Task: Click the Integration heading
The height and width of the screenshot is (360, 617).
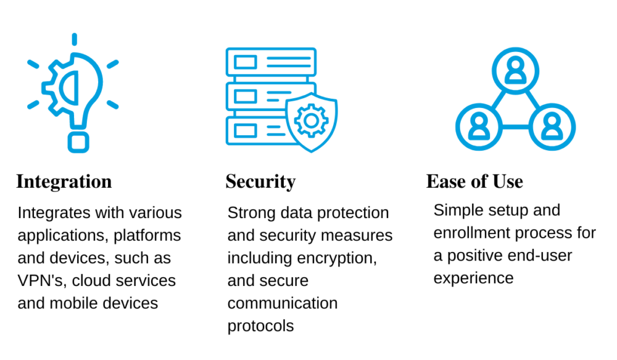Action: (64, 182)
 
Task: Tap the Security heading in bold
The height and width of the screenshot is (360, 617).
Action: (260, 182)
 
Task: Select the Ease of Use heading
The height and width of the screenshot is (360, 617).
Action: (474, 182)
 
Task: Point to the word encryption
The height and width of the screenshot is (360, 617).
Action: (337, 258)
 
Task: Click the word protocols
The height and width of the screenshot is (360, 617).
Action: (260, 327)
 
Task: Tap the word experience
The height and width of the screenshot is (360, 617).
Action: (473, 278)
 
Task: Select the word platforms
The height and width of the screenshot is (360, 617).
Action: (147, 235)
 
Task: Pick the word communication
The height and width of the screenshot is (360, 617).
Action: (283, 303)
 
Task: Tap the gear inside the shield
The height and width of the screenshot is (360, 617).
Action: (311, 120)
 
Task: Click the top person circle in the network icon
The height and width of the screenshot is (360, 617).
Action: (515, 71)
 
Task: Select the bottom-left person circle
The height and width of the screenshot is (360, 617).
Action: (479, 127)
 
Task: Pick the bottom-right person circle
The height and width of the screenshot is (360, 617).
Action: (552, 127)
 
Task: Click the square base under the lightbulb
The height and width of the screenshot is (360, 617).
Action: (78, 142)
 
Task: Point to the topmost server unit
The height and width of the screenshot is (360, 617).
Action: (271, 62)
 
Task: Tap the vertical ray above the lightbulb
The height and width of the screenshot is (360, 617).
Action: (75, 39)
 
